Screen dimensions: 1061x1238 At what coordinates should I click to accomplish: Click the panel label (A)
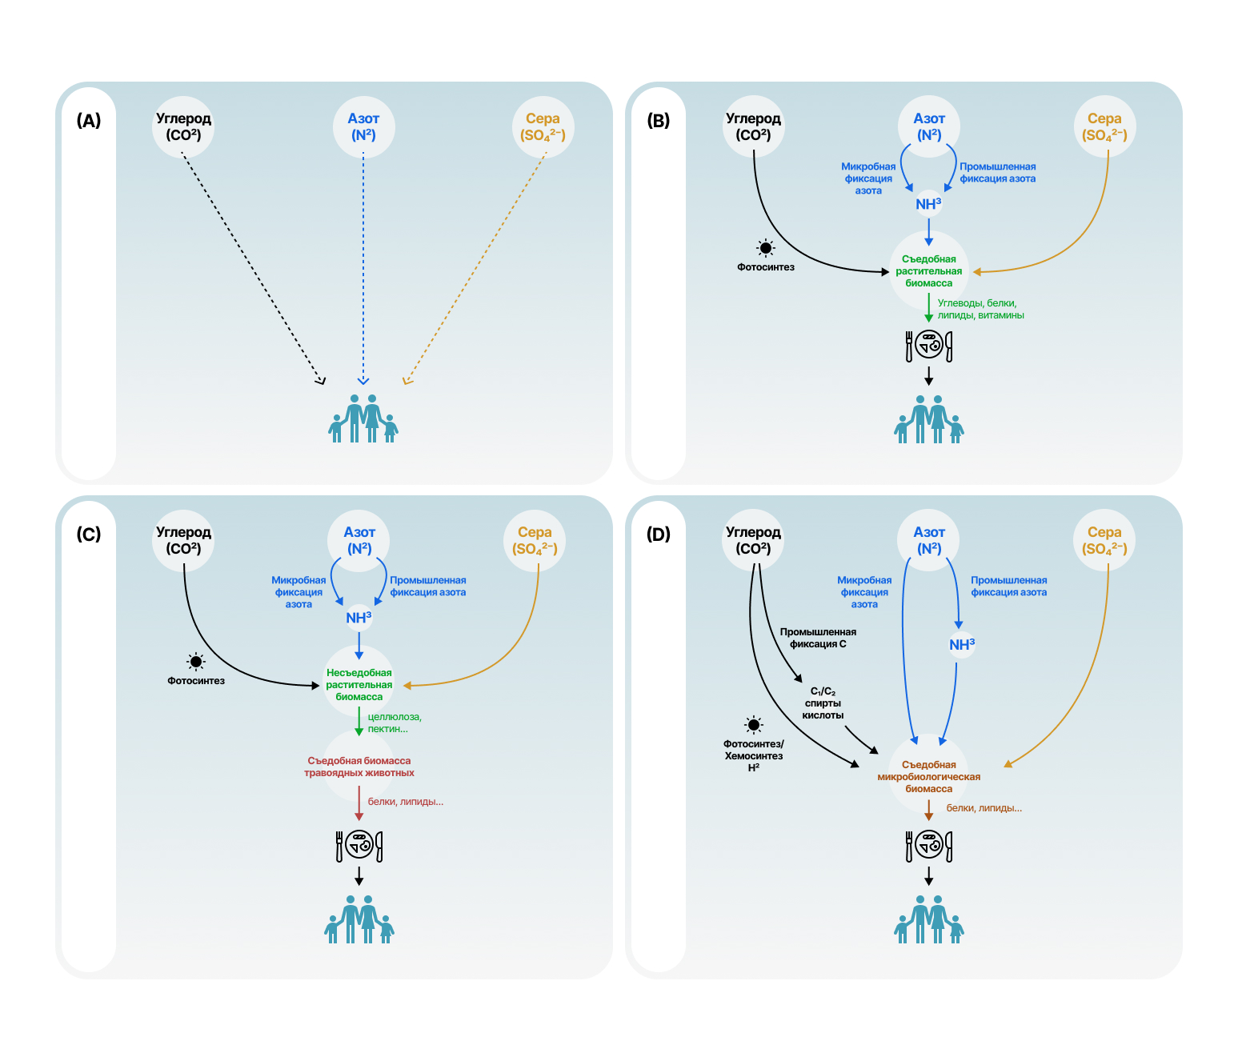tap(89, 121)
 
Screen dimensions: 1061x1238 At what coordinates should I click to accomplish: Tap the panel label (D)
tap(659, 535)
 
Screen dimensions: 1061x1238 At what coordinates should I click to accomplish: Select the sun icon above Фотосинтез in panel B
tap(766, 248)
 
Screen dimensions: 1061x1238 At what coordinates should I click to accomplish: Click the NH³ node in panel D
tap(962, 644)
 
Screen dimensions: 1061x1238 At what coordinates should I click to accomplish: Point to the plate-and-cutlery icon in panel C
tap(359, 845)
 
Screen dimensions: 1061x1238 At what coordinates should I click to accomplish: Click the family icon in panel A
tap(363, 418)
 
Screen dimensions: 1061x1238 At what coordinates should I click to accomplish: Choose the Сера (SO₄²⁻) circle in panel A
tap(543, 127)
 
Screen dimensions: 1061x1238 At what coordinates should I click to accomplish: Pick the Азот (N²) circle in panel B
tap(929, 127)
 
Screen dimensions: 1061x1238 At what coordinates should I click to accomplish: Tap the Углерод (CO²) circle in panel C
tap(184, 541)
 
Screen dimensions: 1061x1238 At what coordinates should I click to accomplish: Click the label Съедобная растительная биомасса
tap(929, 271)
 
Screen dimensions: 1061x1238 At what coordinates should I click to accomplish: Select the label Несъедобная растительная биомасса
tap(359, 685)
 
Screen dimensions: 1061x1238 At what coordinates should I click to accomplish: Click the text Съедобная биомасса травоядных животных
tap(359, 767)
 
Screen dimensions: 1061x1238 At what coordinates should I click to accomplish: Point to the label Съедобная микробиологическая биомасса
tap(929, 776)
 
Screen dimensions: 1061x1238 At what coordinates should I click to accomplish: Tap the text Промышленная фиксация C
tap(818, 638)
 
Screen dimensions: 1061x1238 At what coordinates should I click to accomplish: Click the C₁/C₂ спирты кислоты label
tap(823, 703)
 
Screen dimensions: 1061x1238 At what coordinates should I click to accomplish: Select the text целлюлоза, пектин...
tap(394, 723)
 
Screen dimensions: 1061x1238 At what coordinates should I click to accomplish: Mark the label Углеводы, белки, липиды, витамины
tap(980, 309)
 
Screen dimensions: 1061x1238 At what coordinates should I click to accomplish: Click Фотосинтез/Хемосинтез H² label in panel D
tap(753, 755)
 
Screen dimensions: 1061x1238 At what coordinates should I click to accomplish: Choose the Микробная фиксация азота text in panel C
tap(298, 592)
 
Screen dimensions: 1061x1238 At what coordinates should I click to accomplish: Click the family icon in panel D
tap(929, 919)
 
